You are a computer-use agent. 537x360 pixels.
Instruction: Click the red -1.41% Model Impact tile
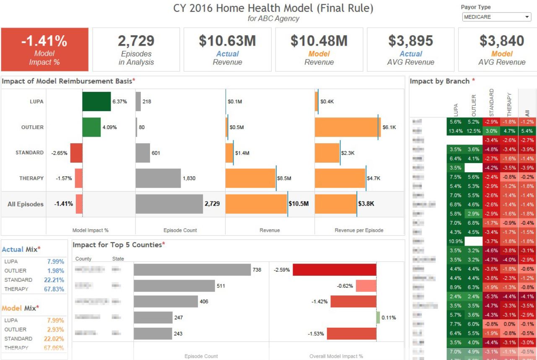44,49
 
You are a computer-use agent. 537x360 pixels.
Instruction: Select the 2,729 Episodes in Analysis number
136,41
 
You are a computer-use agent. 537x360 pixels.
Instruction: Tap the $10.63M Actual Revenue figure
227,41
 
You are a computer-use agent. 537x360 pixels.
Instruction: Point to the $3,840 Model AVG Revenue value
502,41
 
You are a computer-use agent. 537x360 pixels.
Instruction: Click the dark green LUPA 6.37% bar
96,101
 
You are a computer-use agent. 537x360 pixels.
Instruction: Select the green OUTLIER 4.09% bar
91,127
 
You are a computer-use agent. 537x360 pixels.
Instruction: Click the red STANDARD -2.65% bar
76,153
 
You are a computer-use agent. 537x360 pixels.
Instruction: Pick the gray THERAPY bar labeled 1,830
158,178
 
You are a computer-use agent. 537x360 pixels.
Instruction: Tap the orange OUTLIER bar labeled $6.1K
346,127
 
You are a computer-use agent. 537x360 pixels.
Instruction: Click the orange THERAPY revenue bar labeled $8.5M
251,178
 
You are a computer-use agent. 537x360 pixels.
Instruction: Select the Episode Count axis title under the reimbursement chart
180,230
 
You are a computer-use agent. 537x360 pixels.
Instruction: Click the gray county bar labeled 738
192,270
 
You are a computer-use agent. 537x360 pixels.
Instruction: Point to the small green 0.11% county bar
378,317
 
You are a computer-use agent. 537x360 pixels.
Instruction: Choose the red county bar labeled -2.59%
334,270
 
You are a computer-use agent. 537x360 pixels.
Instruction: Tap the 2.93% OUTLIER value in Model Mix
54,329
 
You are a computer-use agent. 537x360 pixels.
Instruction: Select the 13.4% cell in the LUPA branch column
455,131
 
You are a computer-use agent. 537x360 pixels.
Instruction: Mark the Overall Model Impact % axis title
336,356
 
